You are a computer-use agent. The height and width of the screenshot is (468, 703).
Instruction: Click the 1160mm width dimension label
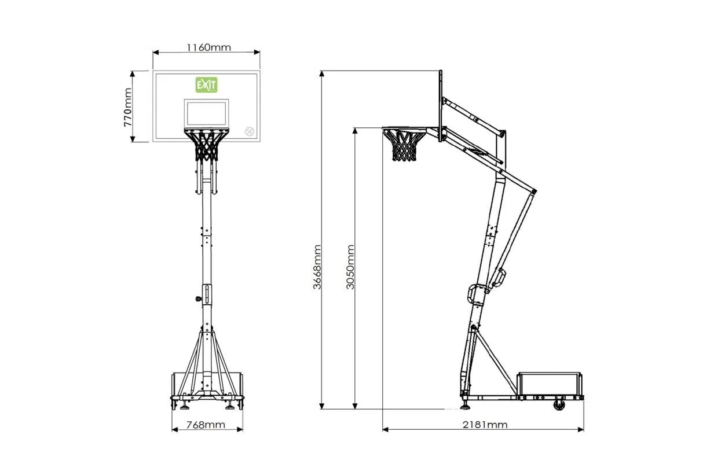pyautogui.click(x=208, y=47)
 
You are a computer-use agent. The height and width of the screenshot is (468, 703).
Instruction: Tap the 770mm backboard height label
pyautogui.click(x=128, y=107)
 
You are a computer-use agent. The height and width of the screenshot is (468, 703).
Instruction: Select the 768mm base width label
pyautogui.click(x=206, y=425)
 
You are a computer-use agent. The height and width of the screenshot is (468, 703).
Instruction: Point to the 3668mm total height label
pyautogui.click(x=317, y=267)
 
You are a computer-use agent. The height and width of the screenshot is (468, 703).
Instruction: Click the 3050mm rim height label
pyautogui.click(x=350, y=267)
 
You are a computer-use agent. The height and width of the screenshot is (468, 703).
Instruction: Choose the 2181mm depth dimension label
pyautogui.click(x=485, y=425)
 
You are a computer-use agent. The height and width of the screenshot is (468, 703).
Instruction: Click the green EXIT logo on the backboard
pyautogui.click(x=207, y=85)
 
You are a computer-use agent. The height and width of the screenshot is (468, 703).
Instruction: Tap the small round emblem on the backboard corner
pyautogui.click(x=250, y=131)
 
